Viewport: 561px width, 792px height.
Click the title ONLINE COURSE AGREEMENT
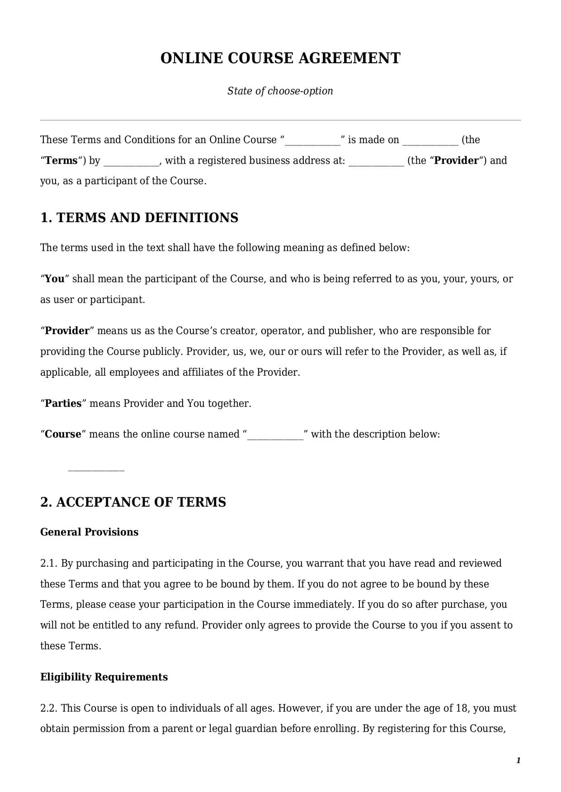[x=280, y=58]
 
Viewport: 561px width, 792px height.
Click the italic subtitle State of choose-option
[x=280, y=91]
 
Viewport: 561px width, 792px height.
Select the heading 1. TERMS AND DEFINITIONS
[x=139, y=218]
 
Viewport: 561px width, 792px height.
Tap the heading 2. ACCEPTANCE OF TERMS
[x=133, y=502]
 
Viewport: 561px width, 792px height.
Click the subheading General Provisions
[x=89, y=532]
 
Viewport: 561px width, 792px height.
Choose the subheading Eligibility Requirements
[x=104, y=677]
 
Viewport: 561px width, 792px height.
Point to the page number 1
[x=518, y=760]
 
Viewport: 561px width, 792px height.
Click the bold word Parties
[x=63, y=403]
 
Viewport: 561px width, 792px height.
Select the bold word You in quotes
[x=55, y=279]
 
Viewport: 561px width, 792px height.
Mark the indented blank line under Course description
[x=96, y=470]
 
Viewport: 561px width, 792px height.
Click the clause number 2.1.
[x=49, y=563]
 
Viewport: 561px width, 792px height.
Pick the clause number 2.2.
[x=49, y=708]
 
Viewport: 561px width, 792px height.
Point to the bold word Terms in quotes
[x=61, y=160]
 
